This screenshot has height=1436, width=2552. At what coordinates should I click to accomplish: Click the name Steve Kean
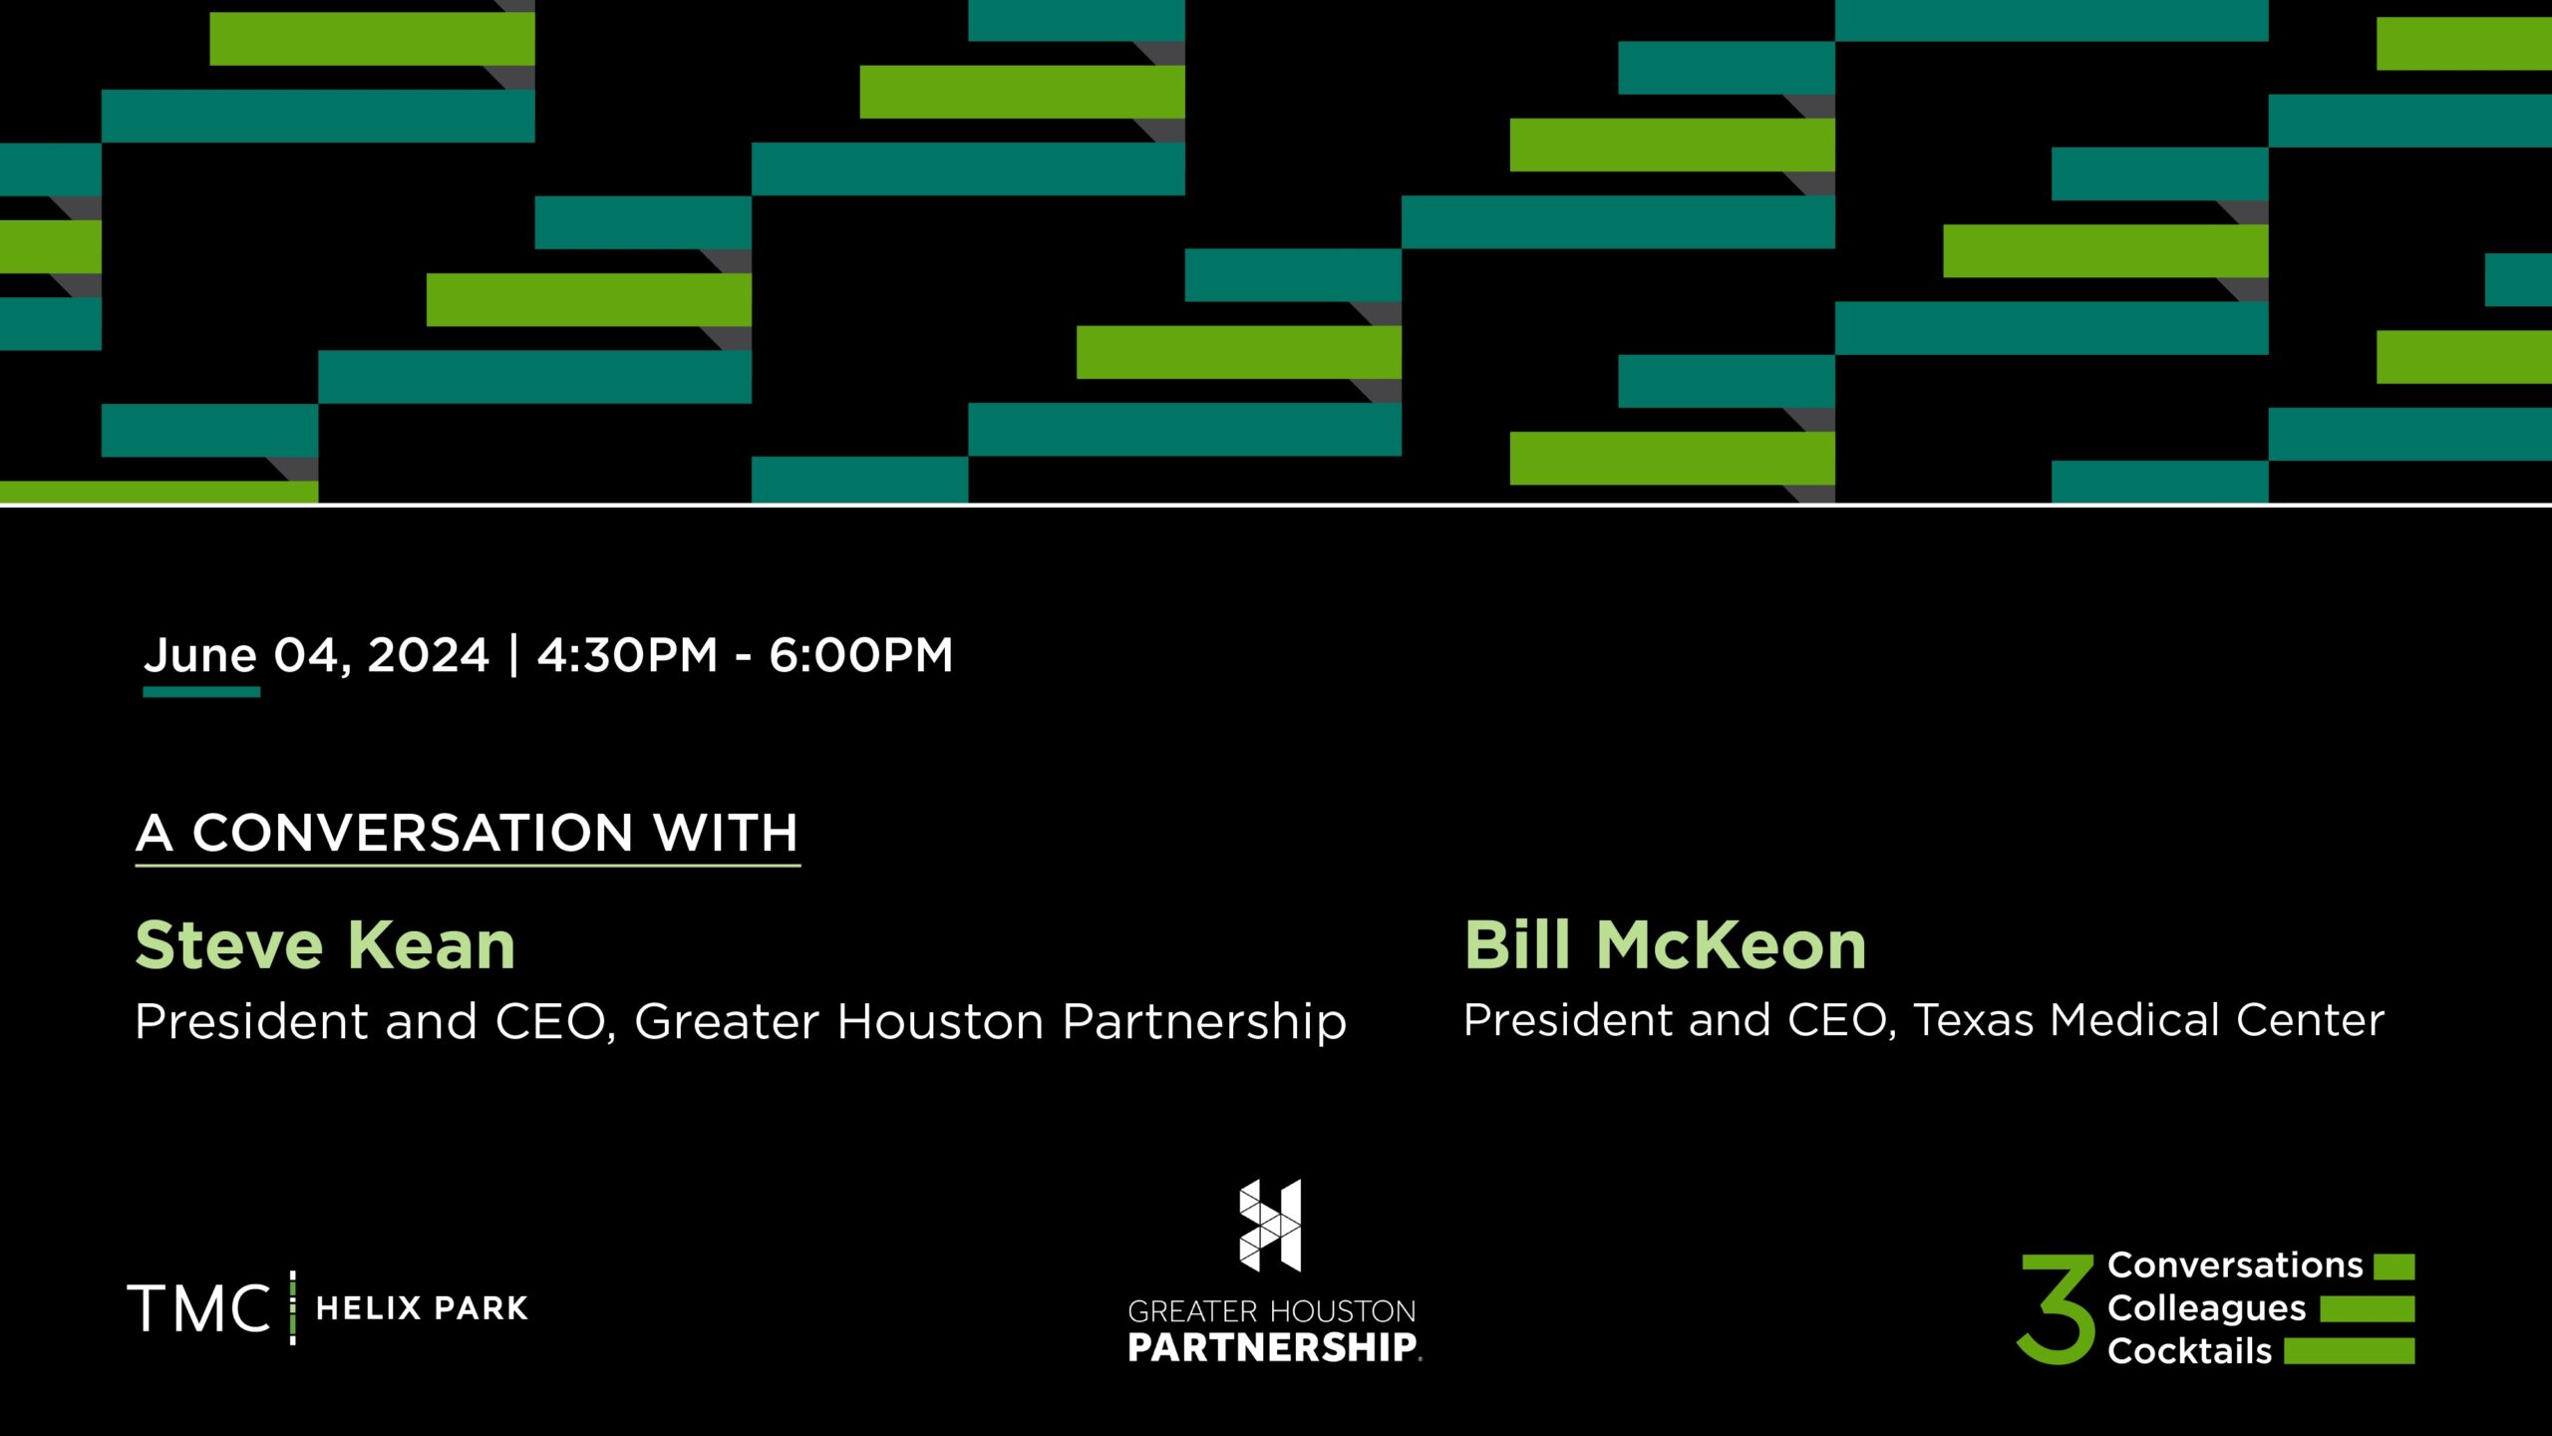pyautogui.click(x=325, y=945)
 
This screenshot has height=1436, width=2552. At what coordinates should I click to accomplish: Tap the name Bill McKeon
pyautogui.click(x=1665, y=945)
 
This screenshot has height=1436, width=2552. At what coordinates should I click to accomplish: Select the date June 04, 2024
pyautogui.click(x=317, y=655)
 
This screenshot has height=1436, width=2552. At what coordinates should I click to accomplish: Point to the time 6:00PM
pyautogui.click(x=860, y=655)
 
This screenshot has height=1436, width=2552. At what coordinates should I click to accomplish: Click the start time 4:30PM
pyautogui.click(x=627, y=655)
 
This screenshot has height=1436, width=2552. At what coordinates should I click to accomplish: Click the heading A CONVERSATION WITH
pyautogui.click(x=467, y=833)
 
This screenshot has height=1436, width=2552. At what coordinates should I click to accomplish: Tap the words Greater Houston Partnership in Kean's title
pyautogui.click(x=990, y=1021)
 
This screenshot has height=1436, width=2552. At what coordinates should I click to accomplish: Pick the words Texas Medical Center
pyautogui.click(x=2148, y=1020)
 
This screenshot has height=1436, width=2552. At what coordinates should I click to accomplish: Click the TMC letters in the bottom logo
pyautogui.click(x=198, y=1308)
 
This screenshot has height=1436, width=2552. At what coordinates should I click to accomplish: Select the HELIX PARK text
pyautogui.click(x=422, y=1308)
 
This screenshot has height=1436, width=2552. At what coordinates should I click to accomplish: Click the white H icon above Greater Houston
pyautogui.click(x=1270, y=1226)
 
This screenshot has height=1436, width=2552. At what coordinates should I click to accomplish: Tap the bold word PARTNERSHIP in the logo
pyautogui.click(x=1272, y=1348)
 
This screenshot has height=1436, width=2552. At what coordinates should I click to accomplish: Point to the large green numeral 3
pyautogui.click(x=2056, y=1308)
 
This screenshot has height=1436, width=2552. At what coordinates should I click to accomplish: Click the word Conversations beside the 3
pyautogui.click(x=2235, y=1265)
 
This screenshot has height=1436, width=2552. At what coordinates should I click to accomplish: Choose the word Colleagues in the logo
pyautogui.click(x=2206, y=1308)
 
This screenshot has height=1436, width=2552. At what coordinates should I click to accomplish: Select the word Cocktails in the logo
pyautogui.click(x=2189, y=1351)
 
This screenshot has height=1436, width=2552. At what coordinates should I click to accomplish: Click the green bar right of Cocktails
pyautogui.click(x=2349, y=1351)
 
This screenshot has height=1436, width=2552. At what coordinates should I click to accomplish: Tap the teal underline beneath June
pyautogui.click(x=201, y=691)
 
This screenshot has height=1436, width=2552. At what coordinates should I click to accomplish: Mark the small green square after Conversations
pyautogui.click(x=2393, y=1266)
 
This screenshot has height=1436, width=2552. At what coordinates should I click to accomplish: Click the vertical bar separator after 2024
pyautogui.click(x=513, y=655)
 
